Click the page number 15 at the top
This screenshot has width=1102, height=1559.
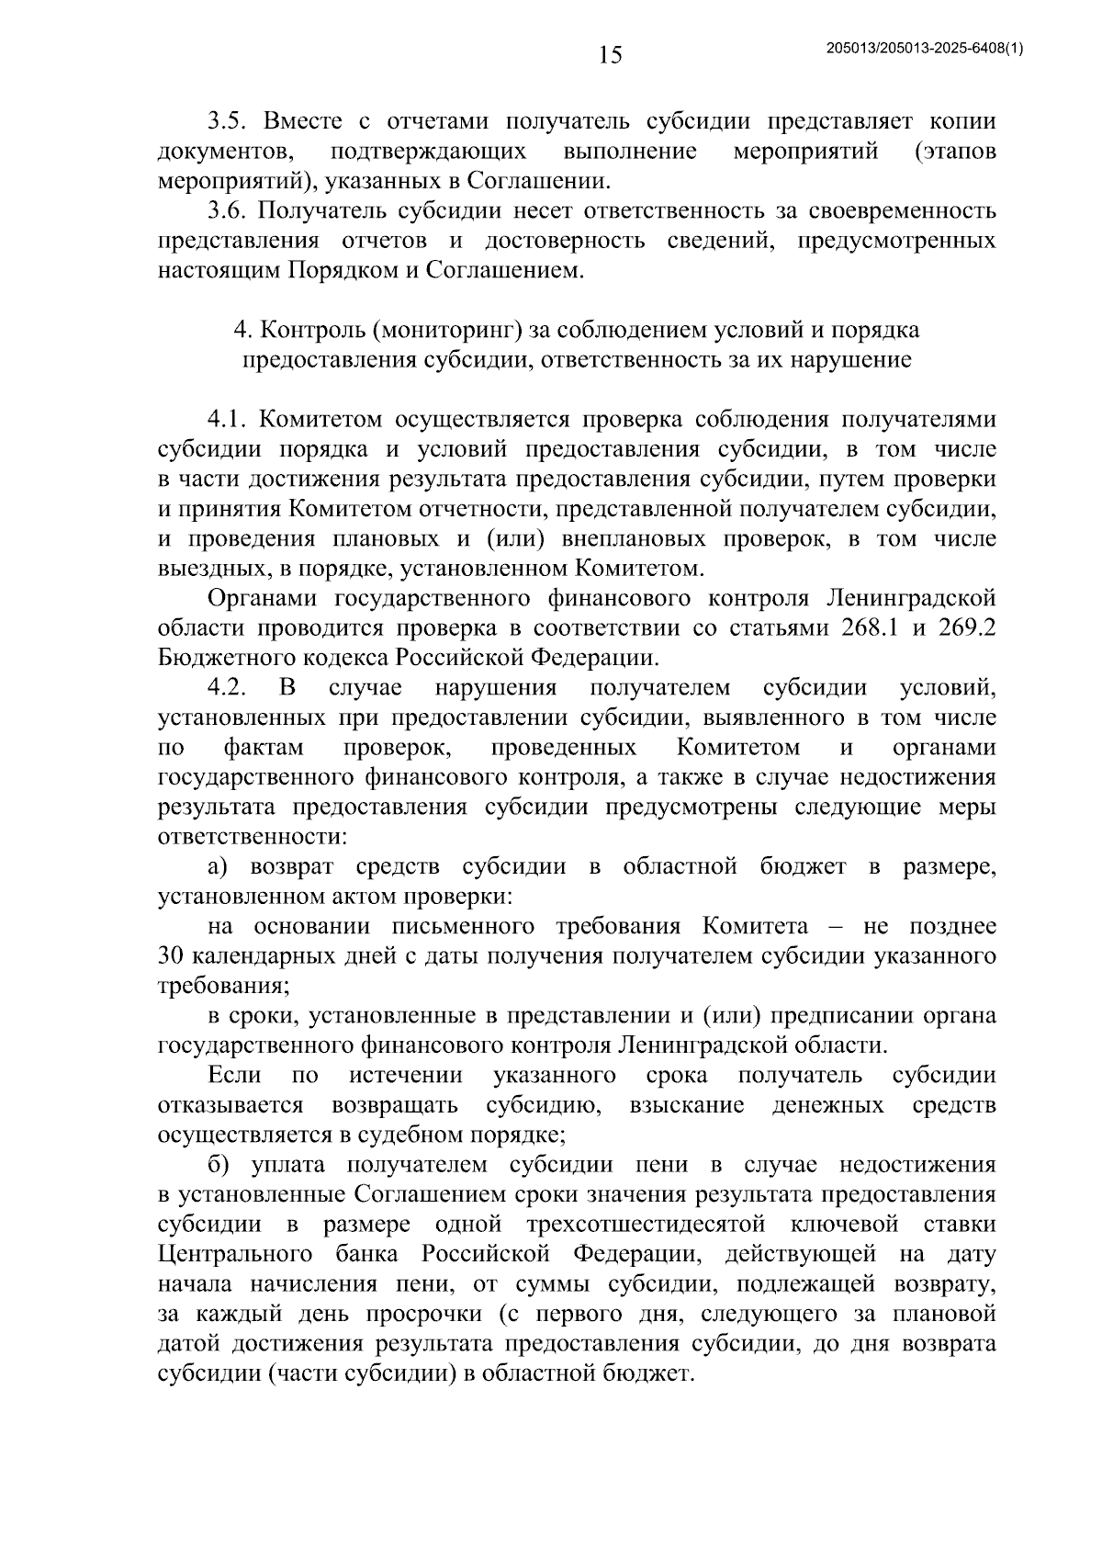pyautogui.click(x=610, y=56)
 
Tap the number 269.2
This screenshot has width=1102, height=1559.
pyautogui.click(x=964, y=628)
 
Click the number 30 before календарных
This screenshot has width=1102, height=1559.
pyautogui.click(x=172, y=956)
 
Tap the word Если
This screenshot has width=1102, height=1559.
pyautogui.click(x=235, y=1076)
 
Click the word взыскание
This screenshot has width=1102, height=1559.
pyautogui.click(x=687, y=1105)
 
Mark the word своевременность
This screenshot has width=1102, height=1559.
pyautogui.click(x=904, y=211)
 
